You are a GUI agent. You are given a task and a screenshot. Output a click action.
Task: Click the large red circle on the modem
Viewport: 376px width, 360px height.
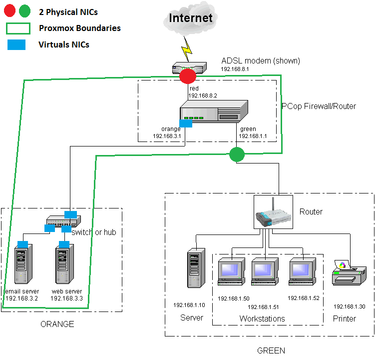click(x=188, y=76)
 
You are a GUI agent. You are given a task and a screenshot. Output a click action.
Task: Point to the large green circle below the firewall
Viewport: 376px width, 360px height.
click(x=237, y=154)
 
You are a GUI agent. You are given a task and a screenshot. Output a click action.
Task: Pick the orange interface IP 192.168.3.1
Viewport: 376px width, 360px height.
click(x=167, y=135)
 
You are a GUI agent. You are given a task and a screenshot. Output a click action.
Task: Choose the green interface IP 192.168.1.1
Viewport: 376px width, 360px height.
click(x=253, y=135)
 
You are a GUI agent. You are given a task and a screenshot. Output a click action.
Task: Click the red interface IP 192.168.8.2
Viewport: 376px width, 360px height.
click(x=203, y=95)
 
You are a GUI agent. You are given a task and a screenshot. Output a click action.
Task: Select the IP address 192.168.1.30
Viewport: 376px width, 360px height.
click(x=349, y=306)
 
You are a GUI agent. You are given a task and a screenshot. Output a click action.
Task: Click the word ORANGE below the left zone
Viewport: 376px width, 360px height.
click(x=57, y=324)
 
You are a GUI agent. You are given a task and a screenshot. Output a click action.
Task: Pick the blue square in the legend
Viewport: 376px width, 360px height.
click(x=16, y=44)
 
